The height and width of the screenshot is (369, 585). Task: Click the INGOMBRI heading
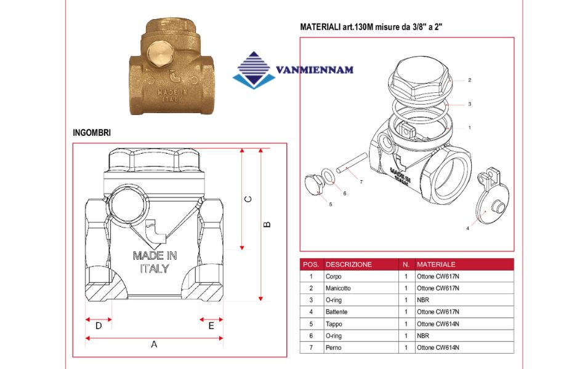point(92,132)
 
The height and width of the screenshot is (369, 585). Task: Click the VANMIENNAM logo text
point(315,70)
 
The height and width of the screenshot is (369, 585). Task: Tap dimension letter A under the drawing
point(154,344)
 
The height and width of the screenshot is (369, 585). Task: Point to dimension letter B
point(267,224)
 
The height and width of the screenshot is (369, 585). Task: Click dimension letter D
point(99,326)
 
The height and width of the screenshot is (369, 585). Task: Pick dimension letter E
point(211,326)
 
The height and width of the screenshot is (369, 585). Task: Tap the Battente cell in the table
point(336,312)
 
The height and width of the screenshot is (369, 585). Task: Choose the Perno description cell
point(333,347)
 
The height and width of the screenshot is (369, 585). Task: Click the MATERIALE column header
point(436,264)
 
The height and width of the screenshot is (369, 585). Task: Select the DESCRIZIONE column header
point(349,264)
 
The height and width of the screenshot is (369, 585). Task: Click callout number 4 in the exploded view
point(467,228)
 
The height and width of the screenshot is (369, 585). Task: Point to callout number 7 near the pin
point(361,182)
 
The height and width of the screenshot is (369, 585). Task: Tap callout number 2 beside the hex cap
point(469,80)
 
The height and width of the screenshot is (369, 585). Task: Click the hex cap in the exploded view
point(423,80)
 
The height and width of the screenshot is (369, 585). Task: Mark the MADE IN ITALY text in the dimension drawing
point(155,261)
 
